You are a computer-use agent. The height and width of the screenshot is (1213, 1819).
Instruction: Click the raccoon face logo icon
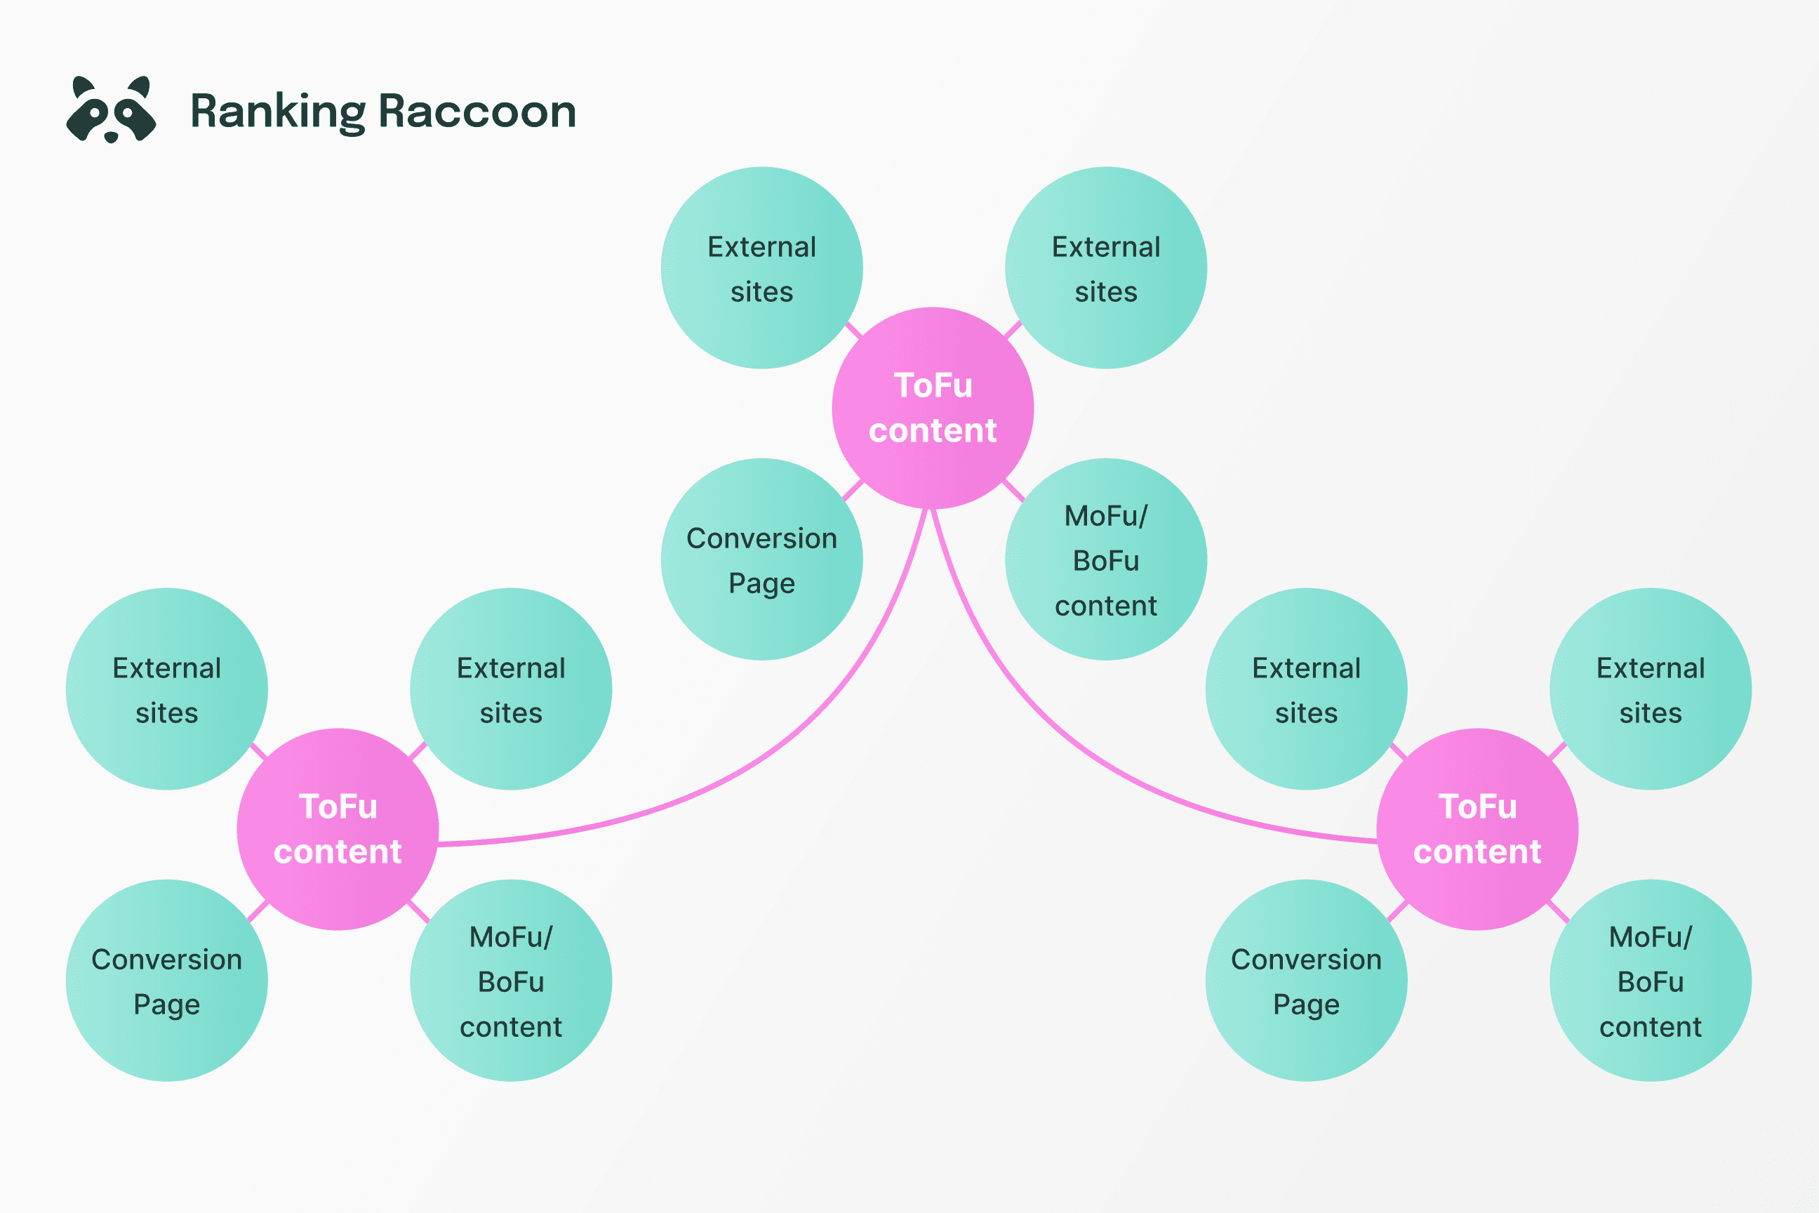coord(112,110)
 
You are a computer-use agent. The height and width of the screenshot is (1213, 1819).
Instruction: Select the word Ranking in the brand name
coord(277,112)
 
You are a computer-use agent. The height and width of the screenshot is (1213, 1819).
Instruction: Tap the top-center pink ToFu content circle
coord(933,408)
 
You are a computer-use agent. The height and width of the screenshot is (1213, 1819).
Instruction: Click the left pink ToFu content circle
coord(338,828)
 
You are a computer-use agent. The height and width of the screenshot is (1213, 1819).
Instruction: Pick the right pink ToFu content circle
coord(1477,828)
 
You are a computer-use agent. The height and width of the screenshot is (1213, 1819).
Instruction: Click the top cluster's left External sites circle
coord(762,267)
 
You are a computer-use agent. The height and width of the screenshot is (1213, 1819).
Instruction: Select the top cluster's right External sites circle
coord(1106,267)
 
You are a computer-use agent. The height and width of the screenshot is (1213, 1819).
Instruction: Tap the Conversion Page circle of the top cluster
coord(762,559)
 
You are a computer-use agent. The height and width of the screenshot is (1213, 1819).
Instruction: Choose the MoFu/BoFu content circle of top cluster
coord(1106,559)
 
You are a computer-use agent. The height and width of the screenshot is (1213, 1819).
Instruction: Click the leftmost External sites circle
coord(167,689)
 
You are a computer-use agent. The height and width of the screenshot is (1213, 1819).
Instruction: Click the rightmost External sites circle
coord(1651,689)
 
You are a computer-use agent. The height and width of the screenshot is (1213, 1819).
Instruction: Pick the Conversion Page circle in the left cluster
coord(167,980)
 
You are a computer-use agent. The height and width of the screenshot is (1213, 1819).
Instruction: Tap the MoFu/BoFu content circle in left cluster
coord(511,980)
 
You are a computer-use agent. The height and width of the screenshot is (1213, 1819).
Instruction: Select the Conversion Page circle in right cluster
coord(1306,980)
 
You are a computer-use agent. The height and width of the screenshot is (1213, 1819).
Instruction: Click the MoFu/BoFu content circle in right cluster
coord(1651,980)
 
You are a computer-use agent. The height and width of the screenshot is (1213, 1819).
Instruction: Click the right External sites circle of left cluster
coord(511,689)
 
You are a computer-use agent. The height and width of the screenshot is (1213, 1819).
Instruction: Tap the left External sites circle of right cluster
coord(1306,689)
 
